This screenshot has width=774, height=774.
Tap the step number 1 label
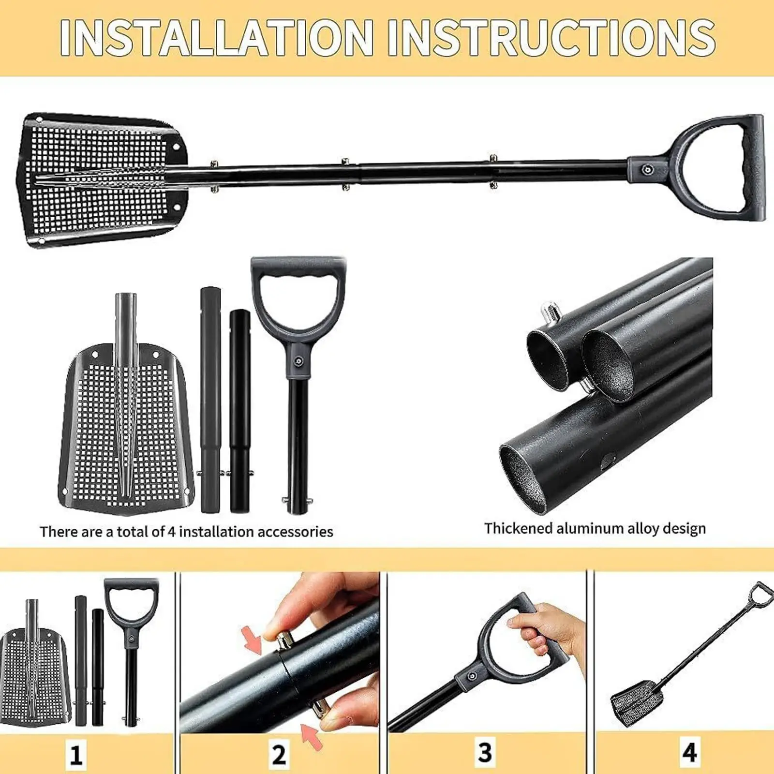tap(76, 753)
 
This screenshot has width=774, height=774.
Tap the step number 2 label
tap(279, 753)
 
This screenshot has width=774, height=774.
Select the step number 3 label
tap(485, 752)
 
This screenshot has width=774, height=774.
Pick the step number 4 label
tap(689, 752)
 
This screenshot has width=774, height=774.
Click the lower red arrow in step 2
tap(311, 736)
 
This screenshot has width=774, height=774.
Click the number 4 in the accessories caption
tap(171, 532)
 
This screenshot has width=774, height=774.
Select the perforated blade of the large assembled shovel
tap(97, 181)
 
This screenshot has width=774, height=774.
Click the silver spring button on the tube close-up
tap(549, 310)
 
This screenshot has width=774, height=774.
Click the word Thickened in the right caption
tap(519, 528)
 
